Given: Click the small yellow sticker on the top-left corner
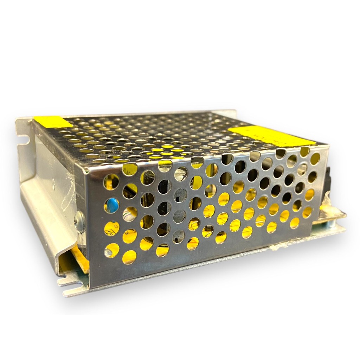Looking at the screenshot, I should (x=53, y=122).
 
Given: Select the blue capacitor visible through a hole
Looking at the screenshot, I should (x=112, y=205).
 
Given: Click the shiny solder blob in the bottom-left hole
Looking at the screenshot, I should (x=111, y=251).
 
